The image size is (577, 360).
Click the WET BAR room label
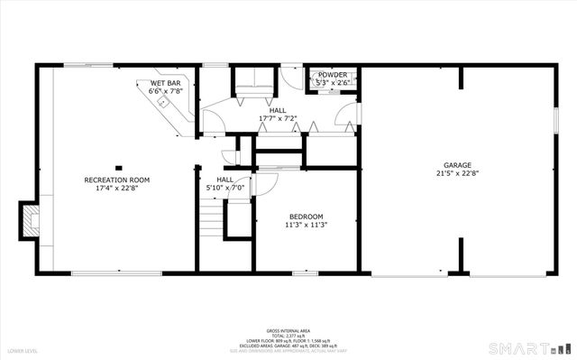point(166,83)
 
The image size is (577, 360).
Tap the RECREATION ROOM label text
point(117,180)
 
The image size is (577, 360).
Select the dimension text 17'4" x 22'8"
point(117,189)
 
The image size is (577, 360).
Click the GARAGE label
point(456,166)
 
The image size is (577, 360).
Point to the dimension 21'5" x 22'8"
point(456,174)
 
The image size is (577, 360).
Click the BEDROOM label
point(307,217)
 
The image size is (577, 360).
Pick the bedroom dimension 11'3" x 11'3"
point(307,225)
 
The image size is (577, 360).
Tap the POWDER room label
point(331,75)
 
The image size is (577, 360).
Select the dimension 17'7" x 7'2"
point(278,118)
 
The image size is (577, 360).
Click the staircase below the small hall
point(210,220)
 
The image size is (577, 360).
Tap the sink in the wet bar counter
point(162,103)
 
